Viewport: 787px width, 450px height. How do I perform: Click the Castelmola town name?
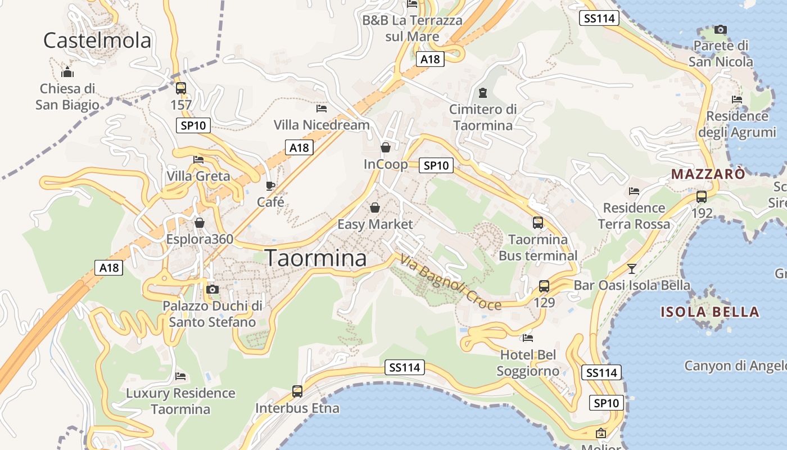(x=97, y=40)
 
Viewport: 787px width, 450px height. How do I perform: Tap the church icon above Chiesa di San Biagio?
(x=67, y=72)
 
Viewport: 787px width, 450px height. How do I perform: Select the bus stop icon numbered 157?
(x=180, y=88)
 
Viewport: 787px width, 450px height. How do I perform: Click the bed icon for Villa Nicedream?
(x=322, y=108)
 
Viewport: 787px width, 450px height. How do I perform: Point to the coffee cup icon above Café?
(x=270, y=186)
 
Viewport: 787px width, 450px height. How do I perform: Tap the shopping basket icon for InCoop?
(x=386, y=148)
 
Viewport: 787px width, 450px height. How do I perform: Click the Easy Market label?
(x=375, y=224)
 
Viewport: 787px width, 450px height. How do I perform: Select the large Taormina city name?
(x=315, y=258)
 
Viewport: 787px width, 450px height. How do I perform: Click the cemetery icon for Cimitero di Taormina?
(x=483, y=92)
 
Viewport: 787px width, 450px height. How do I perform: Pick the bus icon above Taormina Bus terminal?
(x=538, y=222)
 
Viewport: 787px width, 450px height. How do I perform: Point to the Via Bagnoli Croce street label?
(x=450, y=282)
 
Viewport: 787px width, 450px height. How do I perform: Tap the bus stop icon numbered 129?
(x=544, y=286)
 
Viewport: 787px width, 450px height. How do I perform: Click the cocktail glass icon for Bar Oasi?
(x=632, y=269)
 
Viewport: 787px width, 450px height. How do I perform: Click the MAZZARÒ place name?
(x=708, y=174)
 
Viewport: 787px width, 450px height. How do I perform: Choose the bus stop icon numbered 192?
(x=702, y=197)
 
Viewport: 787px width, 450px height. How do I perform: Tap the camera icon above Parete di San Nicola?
(x=720, y=29)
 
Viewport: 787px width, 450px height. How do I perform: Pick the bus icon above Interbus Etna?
(x=297, y=391)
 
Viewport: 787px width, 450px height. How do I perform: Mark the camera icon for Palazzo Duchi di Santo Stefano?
(x=212, y=289)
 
